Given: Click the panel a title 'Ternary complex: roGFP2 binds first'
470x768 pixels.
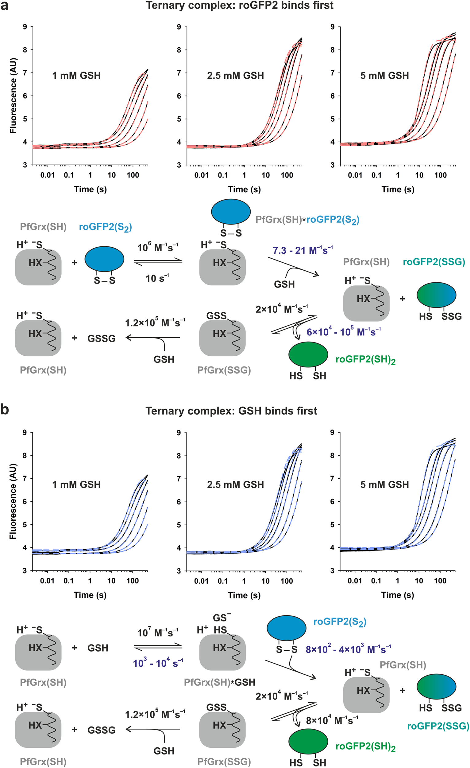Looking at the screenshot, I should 240,5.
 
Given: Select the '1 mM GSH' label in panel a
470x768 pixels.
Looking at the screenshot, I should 76,76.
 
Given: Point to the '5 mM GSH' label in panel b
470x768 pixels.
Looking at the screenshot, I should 384,484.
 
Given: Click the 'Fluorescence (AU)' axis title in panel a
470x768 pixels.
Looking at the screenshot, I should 13,96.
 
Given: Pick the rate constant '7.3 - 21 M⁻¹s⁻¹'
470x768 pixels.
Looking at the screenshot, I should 302,250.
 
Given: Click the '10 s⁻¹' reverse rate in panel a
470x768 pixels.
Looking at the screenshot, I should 157,278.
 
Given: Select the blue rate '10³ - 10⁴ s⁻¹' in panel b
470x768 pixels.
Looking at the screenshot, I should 158,663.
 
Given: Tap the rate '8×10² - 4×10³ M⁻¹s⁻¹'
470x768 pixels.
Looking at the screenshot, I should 348,649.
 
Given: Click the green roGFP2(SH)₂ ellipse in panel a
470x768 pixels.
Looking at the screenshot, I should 308,355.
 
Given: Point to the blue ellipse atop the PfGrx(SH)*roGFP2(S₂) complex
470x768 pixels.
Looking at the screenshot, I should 231,211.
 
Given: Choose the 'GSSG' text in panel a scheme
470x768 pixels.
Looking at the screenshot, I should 102,339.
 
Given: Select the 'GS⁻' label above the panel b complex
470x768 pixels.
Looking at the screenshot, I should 222,618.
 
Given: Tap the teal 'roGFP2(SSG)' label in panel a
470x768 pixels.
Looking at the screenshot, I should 434,262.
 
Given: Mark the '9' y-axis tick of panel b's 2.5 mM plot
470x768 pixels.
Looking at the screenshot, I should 179,433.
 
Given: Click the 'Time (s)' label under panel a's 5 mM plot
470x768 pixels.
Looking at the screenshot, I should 398,189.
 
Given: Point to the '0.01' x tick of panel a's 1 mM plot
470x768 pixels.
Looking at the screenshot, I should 47,175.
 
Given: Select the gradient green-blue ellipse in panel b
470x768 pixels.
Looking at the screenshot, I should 436,687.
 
